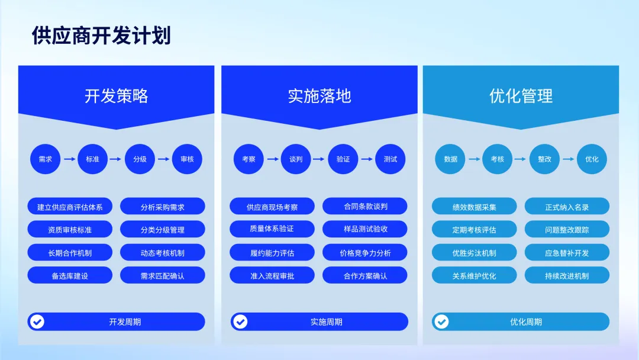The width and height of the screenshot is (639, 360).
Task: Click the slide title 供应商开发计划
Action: tap(101, 36)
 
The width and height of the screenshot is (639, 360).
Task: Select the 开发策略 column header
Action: tap(116, 96)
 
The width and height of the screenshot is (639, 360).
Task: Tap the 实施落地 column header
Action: tap(319, 96)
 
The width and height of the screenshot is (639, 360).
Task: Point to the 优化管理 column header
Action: tap(521, 96)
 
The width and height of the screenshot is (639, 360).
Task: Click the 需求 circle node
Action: tap(46, 159)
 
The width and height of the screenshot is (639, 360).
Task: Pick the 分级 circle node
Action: tap(140, 159)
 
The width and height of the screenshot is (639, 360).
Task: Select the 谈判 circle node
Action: tap(296, 159)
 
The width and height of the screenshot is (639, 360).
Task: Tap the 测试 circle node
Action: tap(390, 159)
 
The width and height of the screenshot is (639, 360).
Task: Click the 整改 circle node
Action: tap(544, 159)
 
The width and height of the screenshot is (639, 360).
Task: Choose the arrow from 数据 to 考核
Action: tap(474, 159)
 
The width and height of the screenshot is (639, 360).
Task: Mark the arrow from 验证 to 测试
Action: tap(367, 159)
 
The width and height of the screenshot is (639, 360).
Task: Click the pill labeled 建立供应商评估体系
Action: tap(70, 207)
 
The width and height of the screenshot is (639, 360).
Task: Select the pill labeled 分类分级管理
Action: tap(163, 230)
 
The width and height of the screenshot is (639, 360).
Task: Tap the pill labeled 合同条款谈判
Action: tap(365, 206)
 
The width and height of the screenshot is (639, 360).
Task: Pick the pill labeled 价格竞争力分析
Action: tap(365, 253)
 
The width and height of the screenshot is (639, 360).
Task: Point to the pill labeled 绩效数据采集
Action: tap(474, 207)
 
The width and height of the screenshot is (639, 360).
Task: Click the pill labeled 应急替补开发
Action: tap(567, 253)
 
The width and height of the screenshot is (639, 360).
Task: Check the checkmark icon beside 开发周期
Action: tap(37, 322)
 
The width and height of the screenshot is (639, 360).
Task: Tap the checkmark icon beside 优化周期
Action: tap(441, 322)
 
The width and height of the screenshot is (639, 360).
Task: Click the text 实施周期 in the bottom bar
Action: tap(327, 322)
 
